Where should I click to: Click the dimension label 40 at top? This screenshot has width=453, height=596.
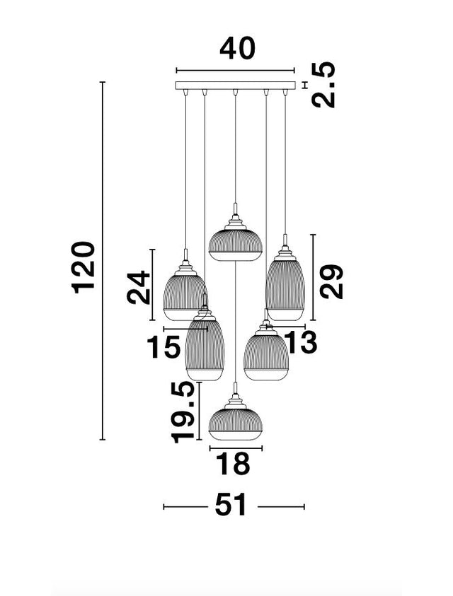pyautogui.click(x=236, y=49)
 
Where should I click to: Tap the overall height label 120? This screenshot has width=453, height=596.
pyautogui.click(x=84, y=267)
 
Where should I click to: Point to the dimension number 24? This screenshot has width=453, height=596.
pyautogui.click(x=139, y=287)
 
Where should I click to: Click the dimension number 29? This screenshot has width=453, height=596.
pyautogui.click(x=331, y=281)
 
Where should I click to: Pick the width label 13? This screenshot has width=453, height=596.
pyautogui.click(x=299, y=343)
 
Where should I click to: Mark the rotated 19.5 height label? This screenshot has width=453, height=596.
pyautogui.click(x=183, y=412)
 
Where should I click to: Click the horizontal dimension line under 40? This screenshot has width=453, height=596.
pyautogui.click(x=234, y=71)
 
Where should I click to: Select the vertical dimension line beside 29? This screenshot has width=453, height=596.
pyautogui.click(x=312, y=276)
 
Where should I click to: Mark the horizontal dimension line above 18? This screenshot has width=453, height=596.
pyautogui.click(x=236, y=448)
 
